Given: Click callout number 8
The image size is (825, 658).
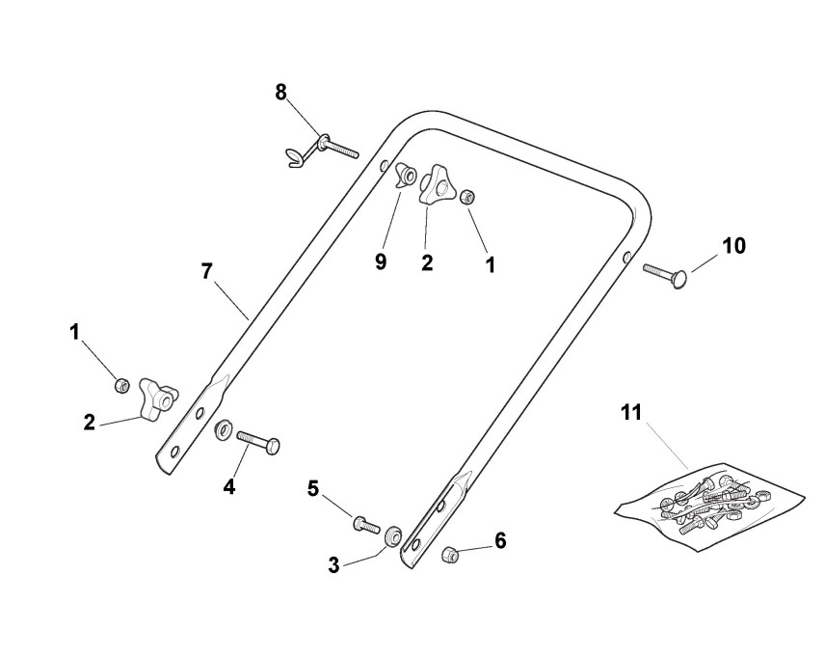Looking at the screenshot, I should coord(280,93).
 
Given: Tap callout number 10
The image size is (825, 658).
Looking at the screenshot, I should coord(733,246).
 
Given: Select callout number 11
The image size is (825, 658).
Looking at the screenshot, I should coord(630,413).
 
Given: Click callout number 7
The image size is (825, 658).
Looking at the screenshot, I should coord(206,271).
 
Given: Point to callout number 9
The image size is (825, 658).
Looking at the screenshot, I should coord(381,261).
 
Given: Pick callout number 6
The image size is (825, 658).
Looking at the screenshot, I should coord(500,541).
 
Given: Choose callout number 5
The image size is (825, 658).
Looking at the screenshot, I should coord(313,489).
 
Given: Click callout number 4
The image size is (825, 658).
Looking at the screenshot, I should coord(229,487).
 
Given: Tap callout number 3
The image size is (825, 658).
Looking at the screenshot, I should coord(333,565).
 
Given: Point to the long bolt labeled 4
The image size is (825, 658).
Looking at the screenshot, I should coord(257,441).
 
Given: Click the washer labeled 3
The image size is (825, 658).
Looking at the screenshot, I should coord(393,536).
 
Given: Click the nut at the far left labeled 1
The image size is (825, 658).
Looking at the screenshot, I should coord(121,386).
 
